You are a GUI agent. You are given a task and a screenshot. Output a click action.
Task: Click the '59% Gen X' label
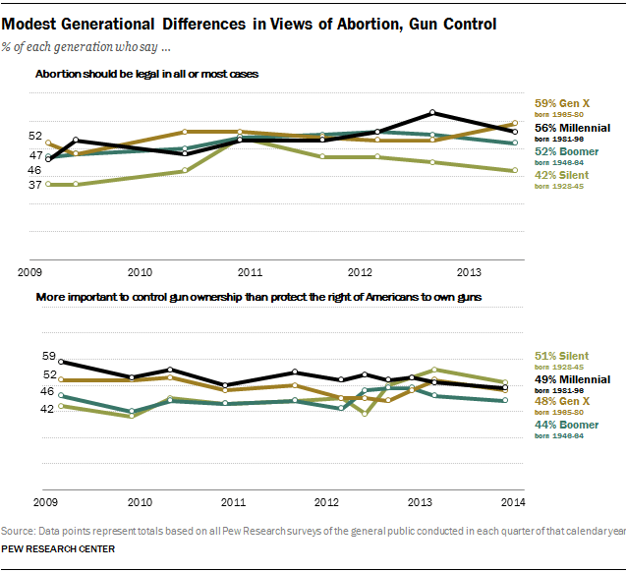click(x=561, y=103)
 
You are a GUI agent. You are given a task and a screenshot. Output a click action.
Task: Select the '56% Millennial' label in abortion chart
click(x=573, y=128)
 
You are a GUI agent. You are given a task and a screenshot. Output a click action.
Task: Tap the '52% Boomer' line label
click(x=566, y=151)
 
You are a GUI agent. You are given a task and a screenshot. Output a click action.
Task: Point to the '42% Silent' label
click(x=561, y=175)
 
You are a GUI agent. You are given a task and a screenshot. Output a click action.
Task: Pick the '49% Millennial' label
click(x=573, y=378)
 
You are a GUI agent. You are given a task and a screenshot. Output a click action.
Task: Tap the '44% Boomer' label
click(x=566, y=426)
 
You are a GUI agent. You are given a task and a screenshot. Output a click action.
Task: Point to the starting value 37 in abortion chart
click(x=34, y=185)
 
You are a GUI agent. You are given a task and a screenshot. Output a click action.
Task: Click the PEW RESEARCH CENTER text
click(x=59, y=548)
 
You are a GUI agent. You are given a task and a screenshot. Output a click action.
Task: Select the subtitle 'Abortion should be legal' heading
click(x=146, y=75)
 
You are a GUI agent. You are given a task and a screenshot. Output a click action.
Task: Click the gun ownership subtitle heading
click(x=258, y=296)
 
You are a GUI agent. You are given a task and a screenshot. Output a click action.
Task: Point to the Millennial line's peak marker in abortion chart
click(x=433, y=113)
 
